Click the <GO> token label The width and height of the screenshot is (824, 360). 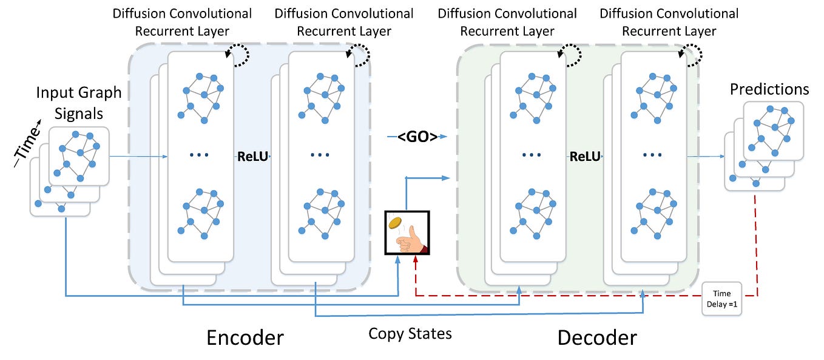click(417, 137)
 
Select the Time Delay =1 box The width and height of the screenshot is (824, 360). click(722, 298)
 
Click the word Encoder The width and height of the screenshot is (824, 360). click(245, 337)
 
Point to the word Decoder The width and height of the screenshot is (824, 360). click(597, 337)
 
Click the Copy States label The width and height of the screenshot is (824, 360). click(410, 333)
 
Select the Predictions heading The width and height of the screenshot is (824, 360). click(769, 89)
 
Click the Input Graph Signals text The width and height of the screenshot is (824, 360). click(79, 103)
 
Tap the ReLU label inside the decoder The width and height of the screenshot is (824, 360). click(585, 157)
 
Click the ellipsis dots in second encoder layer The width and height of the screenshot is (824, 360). click(320, 155)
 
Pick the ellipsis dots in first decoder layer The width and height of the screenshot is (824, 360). click(532, 155)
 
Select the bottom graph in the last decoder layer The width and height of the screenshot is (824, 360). click(653, 212)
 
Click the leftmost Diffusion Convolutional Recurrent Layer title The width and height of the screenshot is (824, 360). click(182, 22)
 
